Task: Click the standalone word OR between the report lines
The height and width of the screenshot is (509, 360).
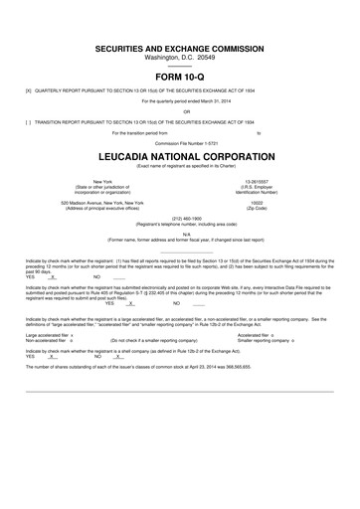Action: coord(180,110)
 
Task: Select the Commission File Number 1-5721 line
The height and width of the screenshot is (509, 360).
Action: coord(180,142)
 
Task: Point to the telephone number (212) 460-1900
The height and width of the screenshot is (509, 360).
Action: coord(180,217)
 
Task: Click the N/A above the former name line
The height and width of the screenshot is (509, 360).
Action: coord(180,234)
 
